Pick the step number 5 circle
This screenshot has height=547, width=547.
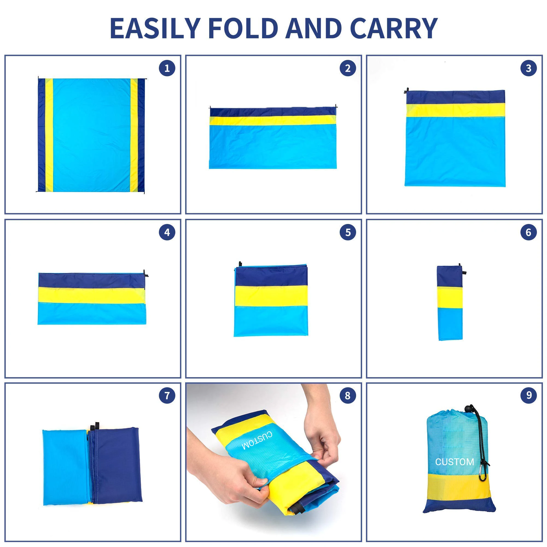tap(348, 232)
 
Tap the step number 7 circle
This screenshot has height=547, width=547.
tap(167, 395)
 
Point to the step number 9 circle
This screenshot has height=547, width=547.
tap(528, 395)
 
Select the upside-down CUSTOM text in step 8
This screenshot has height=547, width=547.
tap(257, 441)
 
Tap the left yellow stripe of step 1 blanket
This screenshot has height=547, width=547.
tap(49, 135)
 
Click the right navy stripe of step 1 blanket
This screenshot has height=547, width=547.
tap(141, 135)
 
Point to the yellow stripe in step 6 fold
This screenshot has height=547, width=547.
tap(450, 297)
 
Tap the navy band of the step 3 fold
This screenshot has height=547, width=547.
tap(455, 97)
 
